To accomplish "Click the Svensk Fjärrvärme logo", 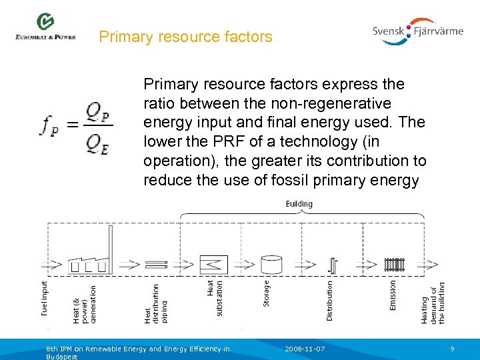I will click(418, 31).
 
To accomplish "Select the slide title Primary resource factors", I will click(185, 37).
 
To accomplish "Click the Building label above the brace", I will click(299, 203).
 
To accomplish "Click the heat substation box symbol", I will click(214, 265).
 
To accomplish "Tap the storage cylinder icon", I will click(271, 265).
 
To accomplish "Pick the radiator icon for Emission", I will click(394, 265).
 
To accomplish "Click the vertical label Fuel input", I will click(45, 297).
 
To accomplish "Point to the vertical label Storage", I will click(267, 294).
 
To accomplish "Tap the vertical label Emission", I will click(393, 295).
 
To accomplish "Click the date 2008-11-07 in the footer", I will click(305, 349).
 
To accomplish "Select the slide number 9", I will click(452, 349).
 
